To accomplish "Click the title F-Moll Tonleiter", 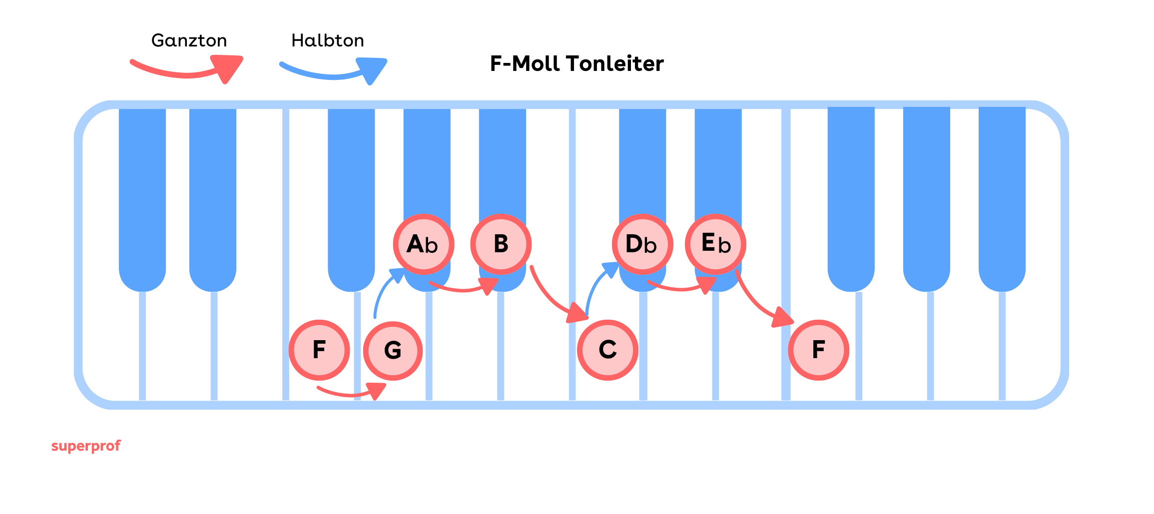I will (577, 64).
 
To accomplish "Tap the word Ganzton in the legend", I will (189, 40).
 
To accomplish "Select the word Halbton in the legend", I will (327, 40).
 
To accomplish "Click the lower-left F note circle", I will (319, 350).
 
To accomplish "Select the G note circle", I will (393, 351).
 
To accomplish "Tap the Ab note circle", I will (423, 244).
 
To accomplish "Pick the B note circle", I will (501, 244).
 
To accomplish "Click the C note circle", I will (607, 350).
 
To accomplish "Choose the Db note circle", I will (642, 244).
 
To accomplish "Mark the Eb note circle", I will (715, 244).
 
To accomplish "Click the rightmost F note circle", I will (818, 350).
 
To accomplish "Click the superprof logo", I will (86, 446).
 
